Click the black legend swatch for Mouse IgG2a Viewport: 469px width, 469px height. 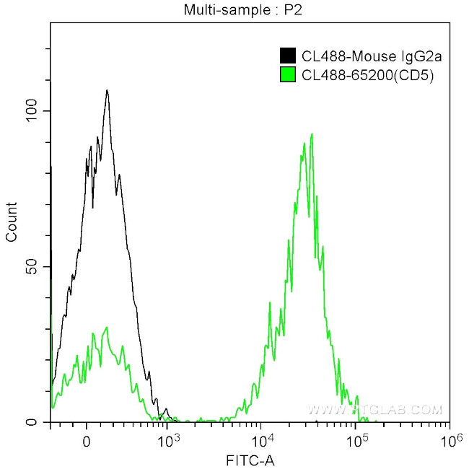tap(287, 56)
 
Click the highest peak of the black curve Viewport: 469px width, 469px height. tap(107, 91)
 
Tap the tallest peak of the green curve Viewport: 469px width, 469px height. tap(311, 134)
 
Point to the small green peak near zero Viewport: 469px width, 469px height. tap(106, 328)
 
